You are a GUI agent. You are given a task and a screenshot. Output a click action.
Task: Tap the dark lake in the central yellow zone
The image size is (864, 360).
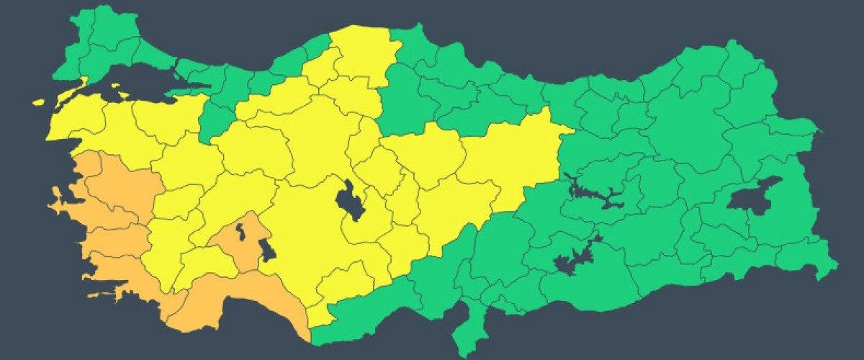click(x=351, y=201)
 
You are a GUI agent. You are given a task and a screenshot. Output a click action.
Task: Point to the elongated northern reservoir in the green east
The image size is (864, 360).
click(x=594, y=194)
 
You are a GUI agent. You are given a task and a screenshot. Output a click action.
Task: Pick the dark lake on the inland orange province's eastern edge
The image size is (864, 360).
click(x=266, y=252)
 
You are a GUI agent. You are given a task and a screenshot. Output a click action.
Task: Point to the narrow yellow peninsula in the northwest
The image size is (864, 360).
click(x=72, y=90)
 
